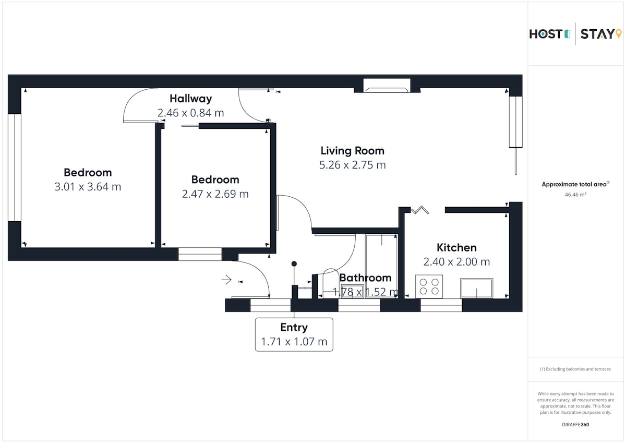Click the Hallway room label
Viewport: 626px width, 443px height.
(x=191, y=99)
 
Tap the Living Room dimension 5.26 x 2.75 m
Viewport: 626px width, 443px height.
(x=353, y=165)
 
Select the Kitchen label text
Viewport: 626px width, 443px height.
(x=456, y=248)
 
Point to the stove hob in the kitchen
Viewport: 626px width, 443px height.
(x=429, y=287)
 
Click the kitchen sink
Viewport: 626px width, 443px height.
(x=476, y=288)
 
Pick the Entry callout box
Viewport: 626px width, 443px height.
(x=294, y=334)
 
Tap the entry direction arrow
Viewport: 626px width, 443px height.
(x=226, y=280)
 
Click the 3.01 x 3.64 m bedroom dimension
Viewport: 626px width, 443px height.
(x=88, y=187)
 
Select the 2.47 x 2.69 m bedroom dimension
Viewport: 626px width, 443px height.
(x=215, y=194)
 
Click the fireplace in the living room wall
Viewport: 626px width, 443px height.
(x=387, y=86)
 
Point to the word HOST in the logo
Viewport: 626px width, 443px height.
(x=546, y=34)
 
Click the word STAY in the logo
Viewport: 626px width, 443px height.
(x=597, y=34)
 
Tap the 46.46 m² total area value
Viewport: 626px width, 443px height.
(x=575, y=195)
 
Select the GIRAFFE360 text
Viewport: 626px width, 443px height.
(x=575, y=425)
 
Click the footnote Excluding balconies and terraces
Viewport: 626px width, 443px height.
(x=575, y=369)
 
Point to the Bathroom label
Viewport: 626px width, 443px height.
(x=365, y=278)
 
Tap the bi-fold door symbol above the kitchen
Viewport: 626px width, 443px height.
(x=420, y=210)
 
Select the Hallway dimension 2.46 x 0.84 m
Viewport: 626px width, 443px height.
(x=191, y=113)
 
